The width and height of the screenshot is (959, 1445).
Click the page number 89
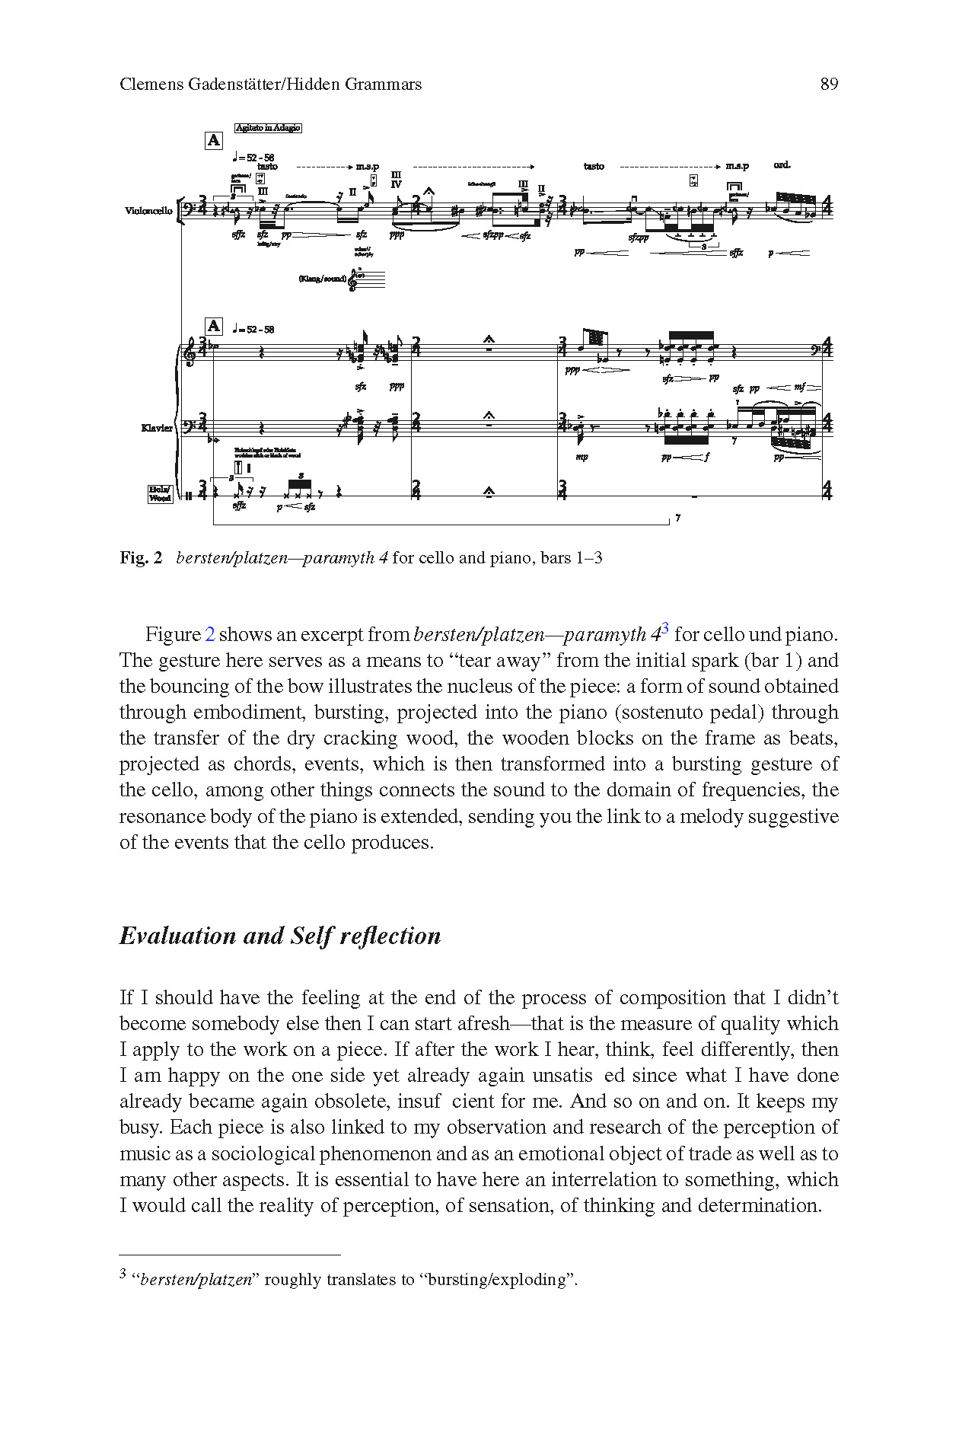(829, 85)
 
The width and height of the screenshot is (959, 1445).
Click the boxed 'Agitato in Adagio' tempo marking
(268, 128)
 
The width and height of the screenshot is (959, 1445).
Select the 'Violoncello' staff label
(148, 211)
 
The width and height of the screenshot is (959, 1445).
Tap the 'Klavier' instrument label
(157, 428)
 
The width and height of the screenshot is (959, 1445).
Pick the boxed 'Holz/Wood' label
(160, 494)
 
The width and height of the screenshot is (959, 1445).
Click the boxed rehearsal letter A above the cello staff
(214, 140)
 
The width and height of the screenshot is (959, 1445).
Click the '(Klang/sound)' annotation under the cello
(323, 279)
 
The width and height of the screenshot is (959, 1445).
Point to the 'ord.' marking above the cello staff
(782, 164)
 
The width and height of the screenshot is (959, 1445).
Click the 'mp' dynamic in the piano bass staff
(581, 457)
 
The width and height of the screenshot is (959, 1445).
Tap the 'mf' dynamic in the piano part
(799, 388)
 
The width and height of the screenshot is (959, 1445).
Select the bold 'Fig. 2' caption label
(141, 558)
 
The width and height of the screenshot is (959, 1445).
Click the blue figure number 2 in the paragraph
(211, 635)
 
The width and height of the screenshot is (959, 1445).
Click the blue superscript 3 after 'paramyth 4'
(665, 628)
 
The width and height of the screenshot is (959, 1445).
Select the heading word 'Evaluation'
(177, 936)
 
